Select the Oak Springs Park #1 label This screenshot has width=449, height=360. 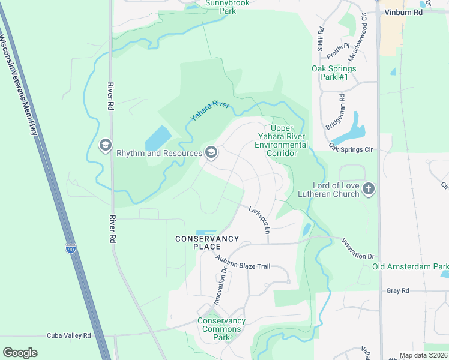pos(334,73)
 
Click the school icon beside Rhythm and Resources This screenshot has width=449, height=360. pos(211,152)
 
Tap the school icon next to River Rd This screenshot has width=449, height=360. pos(106,145)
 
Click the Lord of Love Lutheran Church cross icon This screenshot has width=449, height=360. pos(369,190)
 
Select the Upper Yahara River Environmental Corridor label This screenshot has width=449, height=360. pos(281,140)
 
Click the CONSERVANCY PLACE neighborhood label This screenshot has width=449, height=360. pos(207,242)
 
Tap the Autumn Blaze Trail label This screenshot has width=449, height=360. pos(247,265)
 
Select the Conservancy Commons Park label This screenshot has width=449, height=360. pos(221,329)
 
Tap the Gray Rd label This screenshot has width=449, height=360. pos(397,290)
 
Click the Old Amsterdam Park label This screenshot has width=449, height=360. pos(410,266)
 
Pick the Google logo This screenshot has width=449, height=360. pos(20,353)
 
